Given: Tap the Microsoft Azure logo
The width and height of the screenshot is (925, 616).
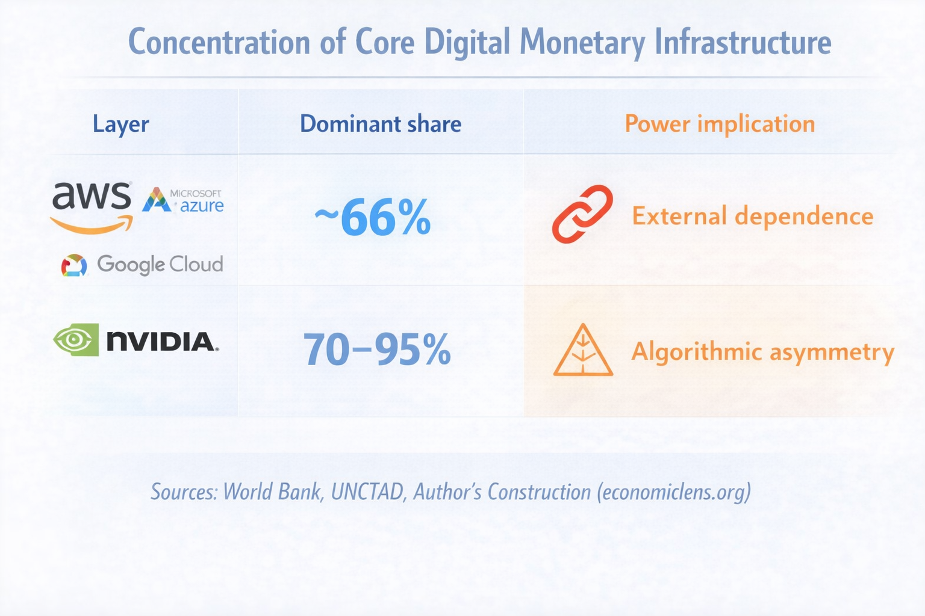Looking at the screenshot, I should (x=182, y=200).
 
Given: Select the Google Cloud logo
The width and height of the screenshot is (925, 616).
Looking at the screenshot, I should (x=142, y=264).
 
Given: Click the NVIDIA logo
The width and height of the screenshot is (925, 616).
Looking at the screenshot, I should (x=136, y=340).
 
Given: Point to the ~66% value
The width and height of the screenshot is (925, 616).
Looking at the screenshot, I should (x=373, y=218).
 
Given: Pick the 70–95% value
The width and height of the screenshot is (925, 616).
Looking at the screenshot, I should (x=376, y=350).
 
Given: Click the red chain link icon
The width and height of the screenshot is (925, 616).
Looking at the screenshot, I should (x=582, y=214).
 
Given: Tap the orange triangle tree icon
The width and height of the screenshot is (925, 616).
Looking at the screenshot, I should (x=582, y=351).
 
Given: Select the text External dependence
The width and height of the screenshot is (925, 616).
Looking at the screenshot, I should (x=752, y=216).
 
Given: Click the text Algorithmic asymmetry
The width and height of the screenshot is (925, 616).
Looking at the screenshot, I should (x=762, y=352).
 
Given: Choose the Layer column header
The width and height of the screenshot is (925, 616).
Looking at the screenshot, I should (x=120, y=125).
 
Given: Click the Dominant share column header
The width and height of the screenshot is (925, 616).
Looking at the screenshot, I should (x=381, y=124).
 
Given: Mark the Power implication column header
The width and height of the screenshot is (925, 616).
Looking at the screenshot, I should (x=720, y=124).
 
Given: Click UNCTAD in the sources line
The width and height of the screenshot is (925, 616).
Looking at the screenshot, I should (x=367, y=492).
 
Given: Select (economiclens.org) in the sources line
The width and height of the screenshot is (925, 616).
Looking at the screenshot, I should (x=674, y=492).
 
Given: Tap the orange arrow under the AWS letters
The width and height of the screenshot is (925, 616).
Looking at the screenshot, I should (x=92, y=226).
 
